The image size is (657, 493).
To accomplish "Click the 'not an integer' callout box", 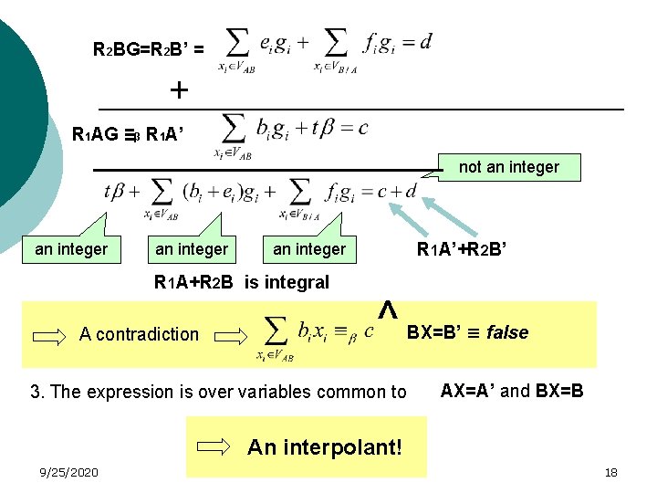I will (x=508, y=166).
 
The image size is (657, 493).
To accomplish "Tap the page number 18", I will (x=610, y=472).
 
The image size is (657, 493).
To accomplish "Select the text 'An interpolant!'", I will (x=324, y=446).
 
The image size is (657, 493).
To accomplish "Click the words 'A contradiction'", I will (x=139, y=334).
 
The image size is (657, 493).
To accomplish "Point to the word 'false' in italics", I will (x=507, y=332).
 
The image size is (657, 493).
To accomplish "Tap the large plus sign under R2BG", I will (x=180, y=89).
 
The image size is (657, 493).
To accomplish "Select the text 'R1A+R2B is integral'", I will (x=242, y=282).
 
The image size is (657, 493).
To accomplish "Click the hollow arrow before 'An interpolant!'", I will (x=215, y=446).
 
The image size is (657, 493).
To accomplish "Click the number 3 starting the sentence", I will (x=35, y=393).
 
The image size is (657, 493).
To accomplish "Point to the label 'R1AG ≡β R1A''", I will (x=128, y=135).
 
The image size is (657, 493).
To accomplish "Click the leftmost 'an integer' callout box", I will (x=71, y=248).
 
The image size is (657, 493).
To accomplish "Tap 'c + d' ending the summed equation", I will (x=398, y=192).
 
